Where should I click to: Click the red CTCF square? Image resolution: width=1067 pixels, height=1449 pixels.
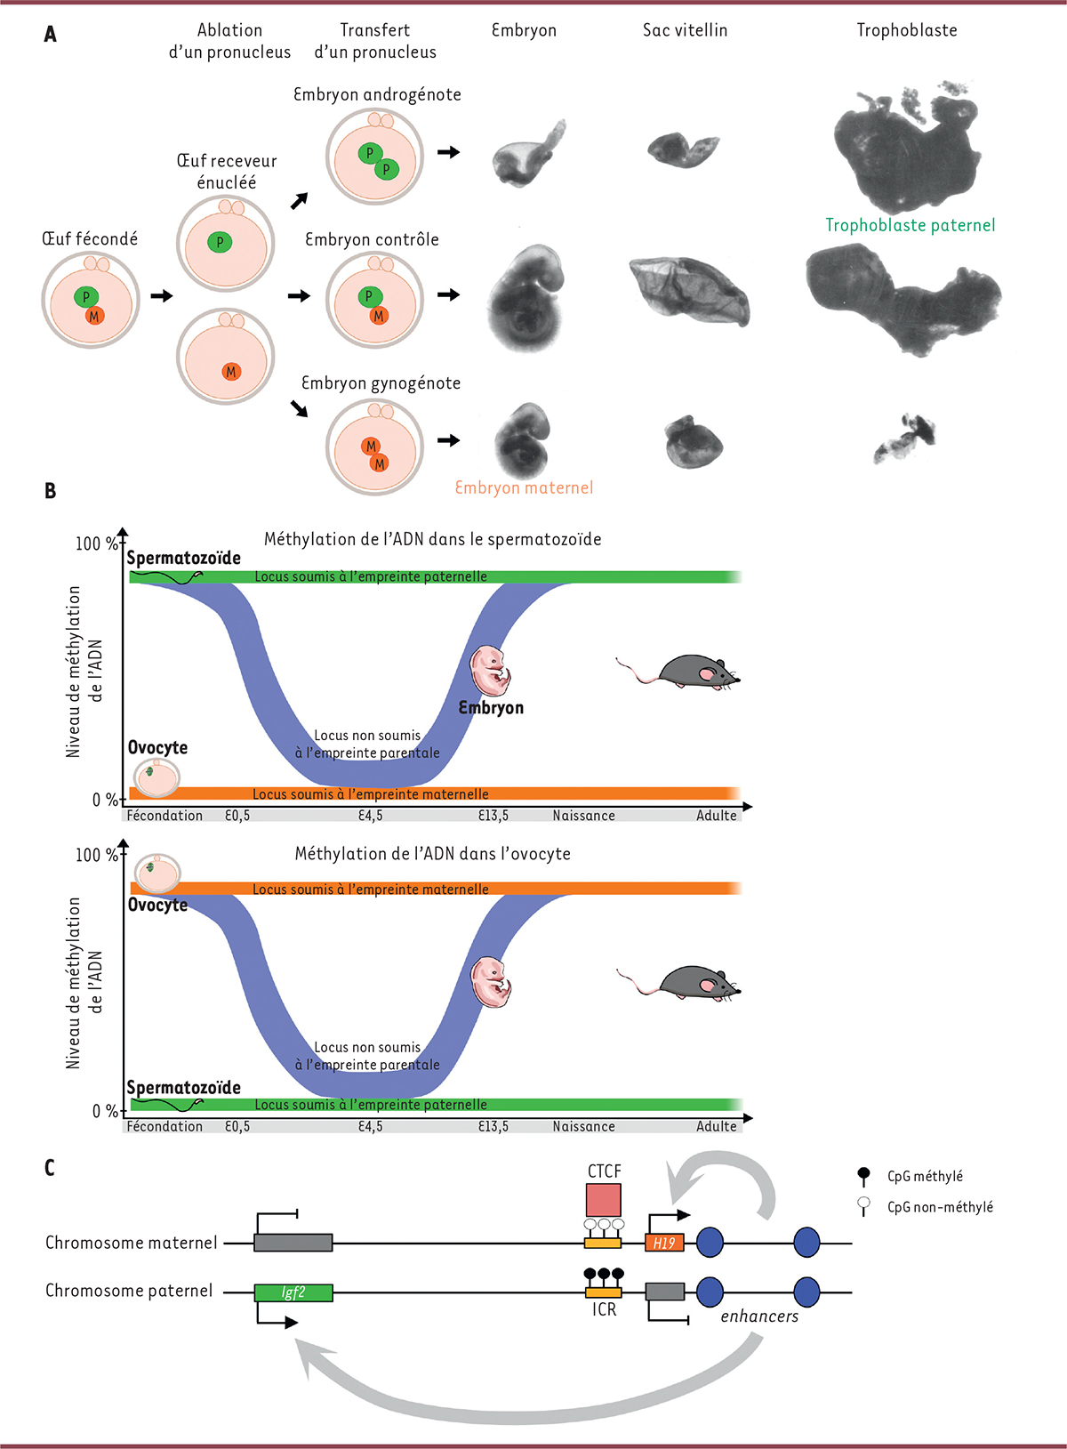(x=604, y=1200)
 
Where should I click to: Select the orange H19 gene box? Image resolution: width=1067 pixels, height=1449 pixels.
(x=664, y=1243)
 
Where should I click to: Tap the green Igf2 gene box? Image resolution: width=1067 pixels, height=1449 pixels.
(x=293, y=1292)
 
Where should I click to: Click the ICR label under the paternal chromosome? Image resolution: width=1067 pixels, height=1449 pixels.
(x=604, y=1310)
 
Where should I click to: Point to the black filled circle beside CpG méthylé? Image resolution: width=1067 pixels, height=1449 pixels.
(x=862, y=1173)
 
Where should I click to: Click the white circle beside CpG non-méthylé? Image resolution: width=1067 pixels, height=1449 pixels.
(x=862, y=1203)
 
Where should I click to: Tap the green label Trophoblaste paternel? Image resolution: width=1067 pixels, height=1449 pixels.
(x=910, y=225)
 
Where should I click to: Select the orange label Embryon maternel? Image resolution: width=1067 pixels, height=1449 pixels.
(x=524, y=487)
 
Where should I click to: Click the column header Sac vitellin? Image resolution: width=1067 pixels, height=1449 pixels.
(x=685, y=29)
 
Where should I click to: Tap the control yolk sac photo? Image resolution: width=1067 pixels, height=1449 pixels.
(x=689, y=291)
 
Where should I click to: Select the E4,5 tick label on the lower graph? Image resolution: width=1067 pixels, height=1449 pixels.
(x=371, y=1126)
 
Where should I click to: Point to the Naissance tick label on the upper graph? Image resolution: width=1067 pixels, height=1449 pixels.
(x=583, y=816)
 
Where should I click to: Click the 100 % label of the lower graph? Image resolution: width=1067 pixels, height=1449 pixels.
(x=97, y=855)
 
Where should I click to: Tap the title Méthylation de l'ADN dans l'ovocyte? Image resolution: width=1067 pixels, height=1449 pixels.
(x=433, y=854)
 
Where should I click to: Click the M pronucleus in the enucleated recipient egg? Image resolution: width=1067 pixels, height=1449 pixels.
(x=231, y=372)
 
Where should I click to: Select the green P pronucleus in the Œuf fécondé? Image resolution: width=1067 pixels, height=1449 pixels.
(x=86, y=297)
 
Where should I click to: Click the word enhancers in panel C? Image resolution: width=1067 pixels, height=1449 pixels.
(x=759, y=1316)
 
